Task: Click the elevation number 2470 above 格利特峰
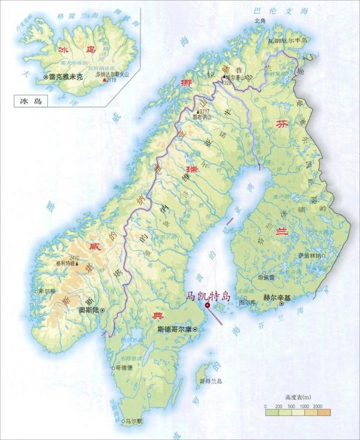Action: pyautogui.click(x=74, y=257)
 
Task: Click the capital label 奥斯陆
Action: pyautogui.click(x=88, y=311)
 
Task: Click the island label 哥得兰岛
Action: pyautogui.click(x=211, y=381)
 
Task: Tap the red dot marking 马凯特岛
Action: pyautogui.click(x=208, y=306)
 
